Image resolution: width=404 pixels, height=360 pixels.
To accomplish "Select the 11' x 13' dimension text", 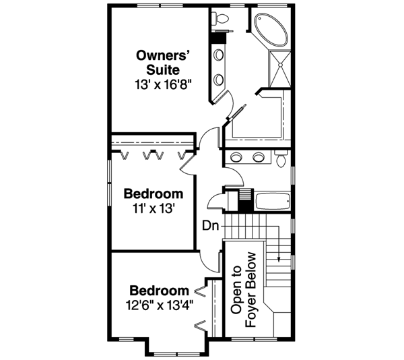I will [x=154, y=208].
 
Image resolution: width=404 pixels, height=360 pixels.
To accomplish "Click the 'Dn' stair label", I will [x=209, y=225].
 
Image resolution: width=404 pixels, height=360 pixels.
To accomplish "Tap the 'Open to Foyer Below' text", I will [x=244, y=290].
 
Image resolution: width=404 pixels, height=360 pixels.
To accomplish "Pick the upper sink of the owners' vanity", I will [x=219, y=57].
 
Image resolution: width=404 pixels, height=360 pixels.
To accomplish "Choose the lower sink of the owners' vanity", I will [x=219, y=80].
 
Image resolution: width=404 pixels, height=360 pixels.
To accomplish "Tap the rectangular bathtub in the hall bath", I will [x=273, y=200].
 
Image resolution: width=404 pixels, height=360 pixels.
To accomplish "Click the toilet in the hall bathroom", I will [x=281, y=160].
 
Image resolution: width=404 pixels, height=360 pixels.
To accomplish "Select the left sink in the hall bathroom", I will [x=235, y=158].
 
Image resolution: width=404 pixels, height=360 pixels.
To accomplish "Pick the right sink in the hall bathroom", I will [x=258, y=158].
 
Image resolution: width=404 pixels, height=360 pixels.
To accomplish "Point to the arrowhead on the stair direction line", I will [x=279, y=259].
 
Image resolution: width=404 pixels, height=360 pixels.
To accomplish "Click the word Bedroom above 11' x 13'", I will [x=154, y=193].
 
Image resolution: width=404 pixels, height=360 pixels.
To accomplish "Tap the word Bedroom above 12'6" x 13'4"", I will [x=159, y=290].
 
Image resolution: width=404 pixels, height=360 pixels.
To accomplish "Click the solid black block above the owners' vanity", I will [x=219, y=39].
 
